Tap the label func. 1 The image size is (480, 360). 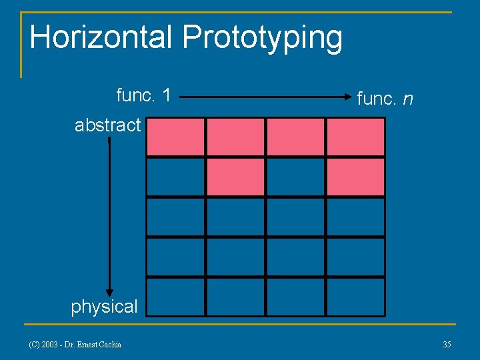pyautogui.click(x=143, y=95)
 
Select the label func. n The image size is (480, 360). pyautogui.click(x=385, y=99)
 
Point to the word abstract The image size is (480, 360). pyautogui.click(x=107, y=125)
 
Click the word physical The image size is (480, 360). pyautogui.click(x=104, y=307)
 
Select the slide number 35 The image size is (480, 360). pyautogui.click(x=447, y=344)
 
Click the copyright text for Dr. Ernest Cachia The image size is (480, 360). pyautogui.click(x=75, y=344)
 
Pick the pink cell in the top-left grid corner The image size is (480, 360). pyautogui.click(x=175, y=137)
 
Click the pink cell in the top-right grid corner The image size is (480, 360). pyautogui.click(x=355, y=137)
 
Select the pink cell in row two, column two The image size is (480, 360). pyautogui.click(x=235, y=177)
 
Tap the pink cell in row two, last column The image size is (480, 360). pyautogui.click(x=355, y=177)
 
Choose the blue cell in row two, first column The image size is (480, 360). pyautogui.click(x=175, y=177)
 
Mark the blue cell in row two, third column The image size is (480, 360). pyautogui.click(x=295, y=177)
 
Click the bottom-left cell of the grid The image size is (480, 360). pyautogui.click(x=175, y=297)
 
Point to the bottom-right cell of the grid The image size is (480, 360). pyautogui.click(x=355, y=297)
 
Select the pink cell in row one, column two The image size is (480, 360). pyautogui.click(x=235, y=137)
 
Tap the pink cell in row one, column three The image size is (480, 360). pyautogui.click(x=295, y=137)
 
